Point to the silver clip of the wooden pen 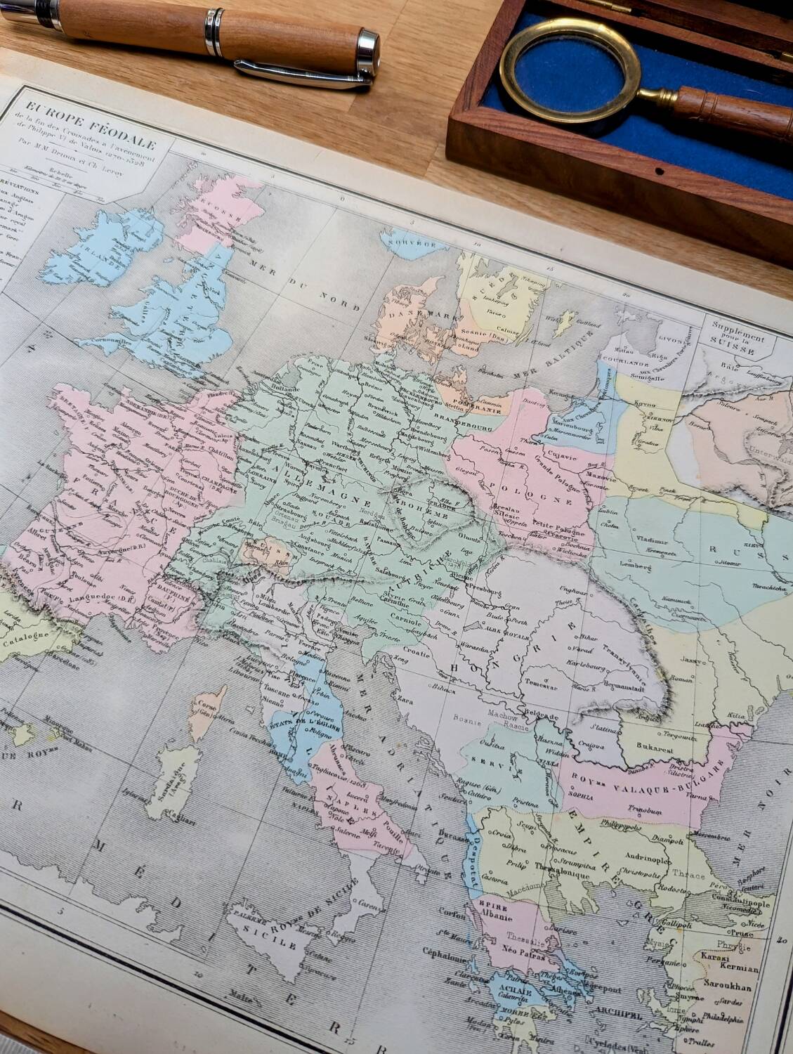tap(302, 74)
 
